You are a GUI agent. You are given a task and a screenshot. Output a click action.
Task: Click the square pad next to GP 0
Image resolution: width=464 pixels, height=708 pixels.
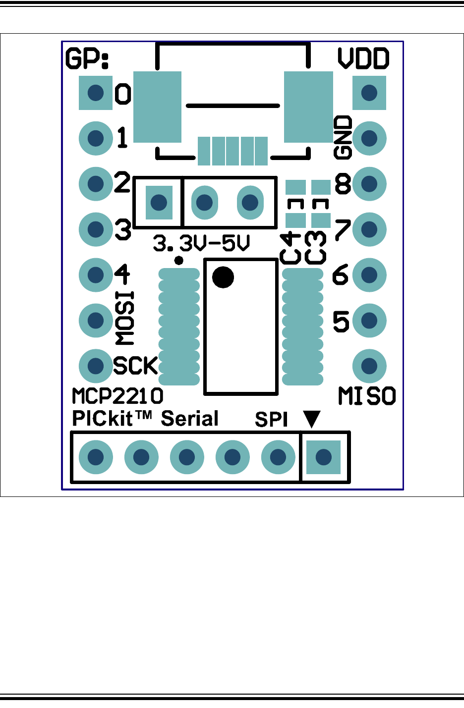coord(96,93)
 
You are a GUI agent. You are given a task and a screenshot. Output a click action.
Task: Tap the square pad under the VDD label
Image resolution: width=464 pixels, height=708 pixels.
coord(369,93)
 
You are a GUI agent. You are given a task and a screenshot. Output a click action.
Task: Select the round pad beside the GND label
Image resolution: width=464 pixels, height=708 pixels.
coord(369,138)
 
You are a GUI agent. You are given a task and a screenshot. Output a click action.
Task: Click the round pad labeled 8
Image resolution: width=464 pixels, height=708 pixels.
coord(369,184)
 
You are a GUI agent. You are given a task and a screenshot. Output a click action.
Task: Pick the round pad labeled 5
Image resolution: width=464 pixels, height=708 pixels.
coord(369,321)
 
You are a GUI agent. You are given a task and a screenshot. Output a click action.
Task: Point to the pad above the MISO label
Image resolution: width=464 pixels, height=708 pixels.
coord(369,366)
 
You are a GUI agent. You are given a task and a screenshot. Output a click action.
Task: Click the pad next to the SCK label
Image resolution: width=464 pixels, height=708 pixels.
coord(96,366)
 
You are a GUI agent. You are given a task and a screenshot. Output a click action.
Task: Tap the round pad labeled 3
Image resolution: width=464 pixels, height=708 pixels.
coord(96,229)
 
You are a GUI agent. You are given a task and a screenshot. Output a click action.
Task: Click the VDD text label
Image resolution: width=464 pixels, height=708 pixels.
coord(363,58)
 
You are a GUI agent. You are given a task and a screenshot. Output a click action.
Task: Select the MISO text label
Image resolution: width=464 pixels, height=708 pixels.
coord(367,396)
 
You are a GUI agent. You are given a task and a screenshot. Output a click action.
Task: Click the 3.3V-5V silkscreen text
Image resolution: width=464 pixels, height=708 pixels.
coord(201,243)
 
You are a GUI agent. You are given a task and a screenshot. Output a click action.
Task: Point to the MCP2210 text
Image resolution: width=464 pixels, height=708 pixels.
coord(117,396)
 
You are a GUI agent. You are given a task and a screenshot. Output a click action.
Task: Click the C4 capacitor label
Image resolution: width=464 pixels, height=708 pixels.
coord(290,248)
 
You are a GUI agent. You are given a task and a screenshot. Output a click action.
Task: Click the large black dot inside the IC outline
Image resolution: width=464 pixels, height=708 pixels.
coord(223,277)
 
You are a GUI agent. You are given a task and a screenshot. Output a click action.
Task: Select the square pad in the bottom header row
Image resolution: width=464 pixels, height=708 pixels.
coord(324,457)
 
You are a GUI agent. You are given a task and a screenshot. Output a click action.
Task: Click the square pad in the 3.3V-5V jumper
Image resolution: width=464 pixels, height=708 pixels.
coord(159,203)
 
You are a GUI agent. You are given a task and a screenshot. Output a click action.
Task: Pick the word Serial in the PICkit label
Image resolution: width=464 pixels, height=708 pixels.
coord(190,419)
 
